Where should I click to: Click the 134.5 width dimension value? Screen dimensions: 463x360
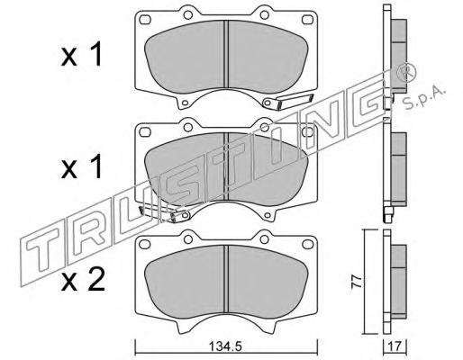point(225,346)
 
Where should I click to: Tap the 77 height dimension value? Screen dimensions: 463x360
point(357,282)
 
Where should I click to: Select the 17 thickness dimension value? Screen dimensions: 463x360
point(395,347)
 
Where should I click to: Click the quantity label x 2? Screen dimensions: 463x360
point(83,280)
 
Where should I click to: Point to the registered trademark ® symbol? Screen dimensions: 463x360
point(406,74)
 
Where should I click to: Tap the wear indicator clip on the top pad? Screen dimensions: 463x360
point(287,101)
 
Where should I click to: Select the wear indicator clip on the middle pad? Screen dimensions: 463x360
point(164,213)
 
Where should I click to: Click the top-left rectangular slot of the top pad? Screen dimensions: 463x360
point(145,20)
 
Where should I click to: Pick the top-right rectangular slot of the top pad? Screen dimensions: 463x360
point(307,20)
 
